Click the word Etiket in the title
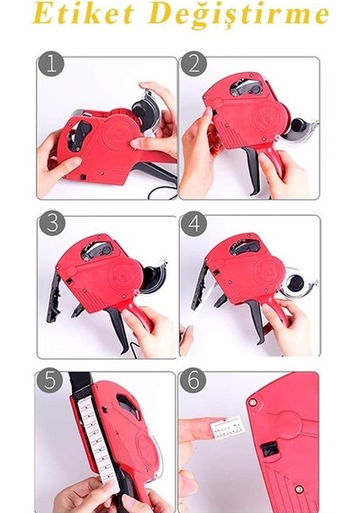click(84, 13)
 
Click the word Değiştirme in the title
click(238, 15)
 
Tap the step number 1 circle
click(50, 64)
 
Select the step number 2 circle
click(193, 64)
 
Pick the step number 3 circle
click(52, 223)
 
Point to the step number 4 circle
click(193, 223)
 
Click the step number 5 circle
click(49, 381)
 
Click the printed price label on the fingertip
click(227, 428)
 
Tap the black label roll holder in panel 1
click(144, 112)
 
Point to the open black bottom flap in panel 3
click(53, 296)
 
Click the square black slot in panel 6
click(270, 447)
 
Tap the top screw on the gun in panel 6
click(252, 402)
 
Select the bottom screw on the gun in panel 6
click(299, 490)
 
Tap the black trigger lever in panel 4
click(256, 322)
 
